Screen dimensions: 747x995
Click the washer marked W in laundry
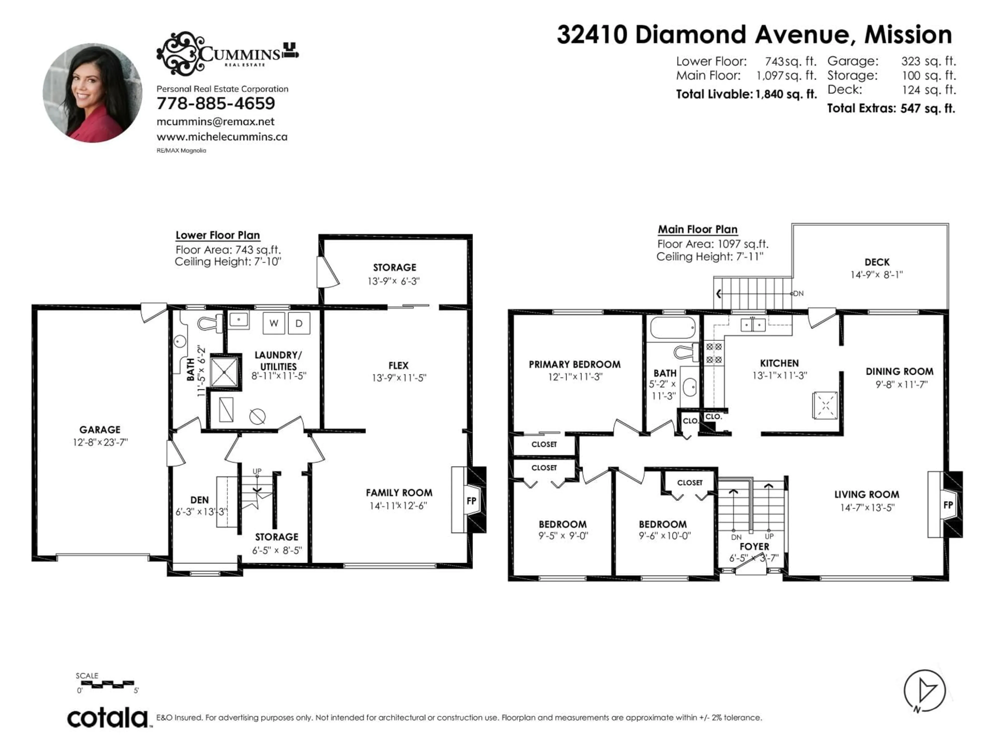tap(273, 323)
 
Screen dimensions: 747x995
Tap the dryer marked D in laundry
tap(299, 323)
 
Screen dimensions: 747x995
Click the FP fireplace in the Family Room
tap(471, 500)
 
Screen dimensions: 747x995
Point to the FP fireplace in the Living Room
tap(948, 505)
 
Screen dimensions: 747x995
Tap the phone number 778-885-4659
tap(216, 103)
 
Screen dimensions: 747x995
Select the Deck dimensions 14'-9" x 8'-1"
tap(876, 275)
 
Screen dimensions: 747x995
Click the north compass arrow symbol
tap(925, 690)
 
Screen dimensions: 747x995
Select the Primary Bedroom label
tap(574, 364)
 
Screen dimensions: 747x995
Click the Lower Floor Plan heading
tap(218, 235)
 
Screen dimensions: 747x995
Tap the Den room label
tap(199, 500)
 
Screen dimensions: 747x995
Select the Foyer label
tap(754, 546)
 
